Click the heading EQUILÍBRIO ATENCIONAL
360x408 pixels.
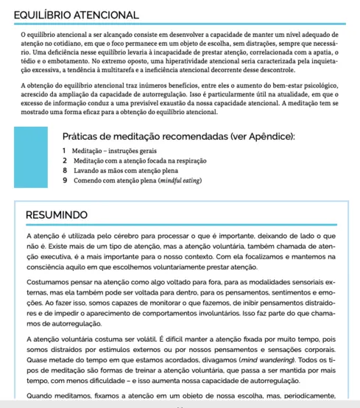pos(77,15)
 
